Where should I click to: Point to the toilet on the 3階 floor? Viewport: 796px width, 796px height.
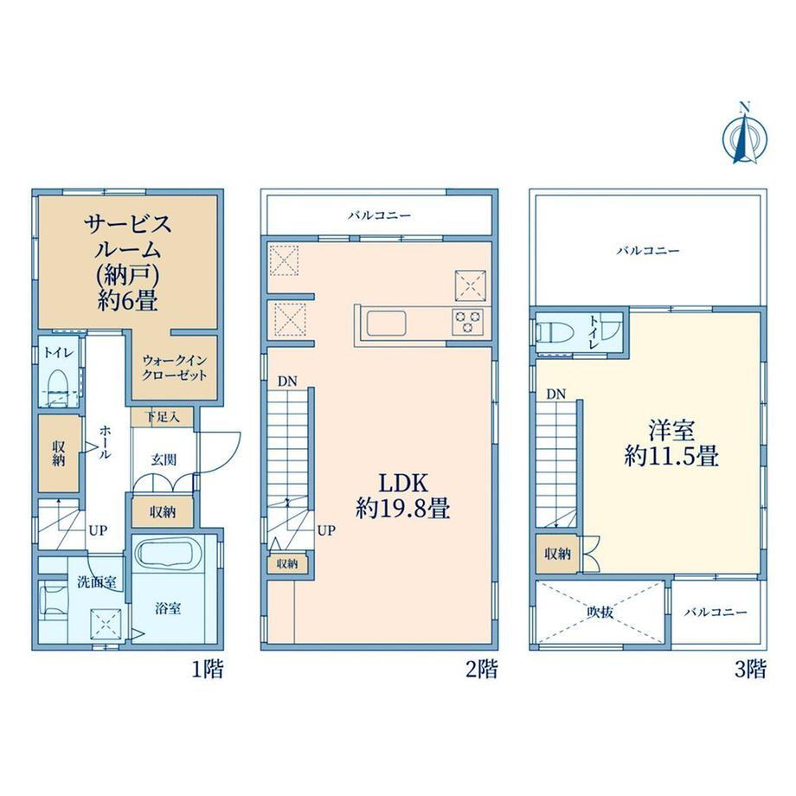click(x=555, y=333)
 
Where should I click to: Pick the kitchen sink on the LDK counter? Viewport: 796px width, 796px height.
click(x=386, y=324)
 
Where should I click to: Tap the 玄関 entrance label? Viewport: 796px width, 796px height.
click(x=164, y=460)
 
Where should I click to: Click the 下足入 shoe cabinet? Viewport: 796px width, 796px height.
click(x=162, y=417)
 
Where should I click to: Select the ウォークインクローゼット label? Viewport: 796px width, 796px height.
click(x=175, y=368)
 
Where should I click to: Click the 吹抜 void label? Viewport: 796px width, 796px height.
click(x=600, y=613)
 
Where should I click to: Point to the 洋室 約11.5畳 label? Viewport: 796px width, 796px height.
click(x=671, y=443)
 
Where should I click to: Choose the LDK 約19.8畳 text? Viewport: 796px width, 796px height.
click(x=403, y=496)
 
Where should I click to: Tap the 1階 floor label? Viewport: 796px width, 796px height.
click(x=207, y=670)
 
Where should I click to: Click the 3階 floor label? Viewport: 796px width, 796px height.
click(x=750, y=670)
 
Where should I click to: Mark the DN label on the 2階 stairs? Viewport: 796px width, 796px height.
click(x=287, y=382)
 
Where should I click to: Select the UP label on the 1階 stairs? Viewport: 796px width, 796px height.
click(x=98, y=530)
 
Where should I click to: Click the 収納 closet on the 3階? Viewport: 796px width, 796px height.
click(x=557, y=554)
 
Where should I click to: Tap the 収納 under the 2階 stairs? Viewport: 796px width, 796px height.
click(x=287, y=563)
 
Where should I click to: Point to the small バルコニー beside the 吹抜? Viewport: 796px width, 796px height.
click(x=716, y=613)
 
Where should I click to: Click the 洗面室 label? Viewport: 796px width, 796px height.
click(x=96, y=582)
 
